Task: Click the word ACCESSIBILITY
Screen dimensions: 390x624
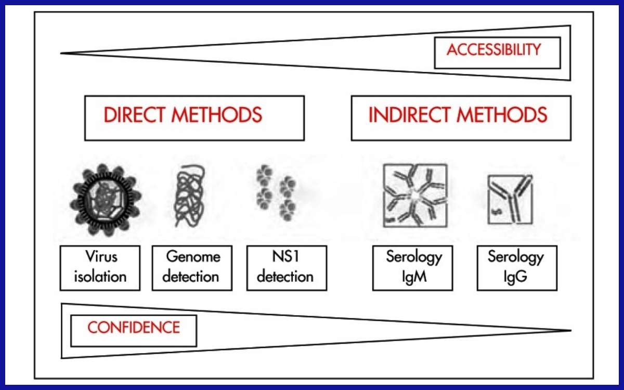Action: point(493,50)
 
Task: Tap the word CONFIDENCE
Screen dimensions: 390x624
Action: point(134,328)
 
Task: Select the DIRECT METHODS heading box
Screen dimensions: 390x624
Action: point(194,118)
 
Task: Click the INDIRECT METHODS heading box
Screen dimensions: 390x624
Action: point(461,118)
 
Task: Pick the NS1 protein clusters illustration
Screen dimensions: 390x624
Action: point(276,193)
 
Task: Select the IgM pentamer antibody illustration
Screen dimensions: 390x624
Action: point(414,196)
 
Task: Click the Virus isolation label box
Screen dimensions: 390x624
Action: point(100,268)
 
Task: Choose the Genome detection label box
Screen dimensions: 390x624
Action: point(192,268)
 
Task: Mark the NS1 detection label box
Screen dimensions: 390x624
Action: point(287,268)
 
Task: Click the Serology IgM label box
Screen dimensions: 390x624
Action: point(413,268)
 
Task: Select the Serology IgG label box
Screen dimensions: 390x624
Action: point(517,268)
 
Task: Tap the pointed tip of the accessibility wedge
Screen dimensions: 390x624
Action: point(62,53)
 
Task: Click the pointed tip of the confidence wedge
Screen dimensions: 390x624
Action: point(570,330)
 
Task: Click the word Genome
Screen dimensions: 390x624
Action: point(193,257)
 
